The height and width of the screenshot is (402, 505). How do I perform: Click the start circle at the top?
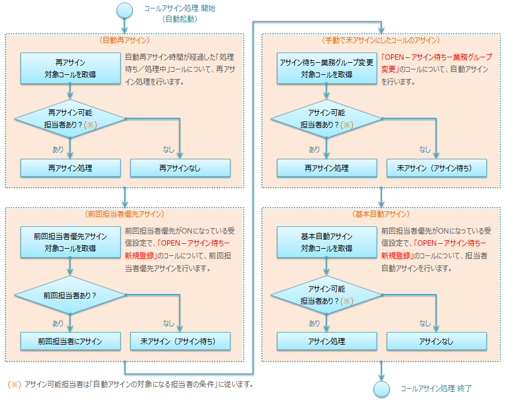pos(124,10)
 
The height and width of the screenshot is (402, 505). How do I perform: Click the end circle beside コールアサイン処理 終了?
pos(381,389)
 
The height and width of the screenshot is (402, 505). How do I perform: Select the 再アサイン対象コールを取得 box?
pos(71,68)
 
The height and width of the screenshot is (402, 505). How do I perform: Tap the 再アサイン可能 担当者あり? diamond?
pos(71,118)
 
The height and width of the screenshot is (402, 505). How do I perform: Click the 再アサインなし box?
pos(180,168)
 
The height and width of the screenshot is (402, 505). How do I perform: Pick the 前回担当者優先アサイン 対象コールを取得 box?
pos(71,241)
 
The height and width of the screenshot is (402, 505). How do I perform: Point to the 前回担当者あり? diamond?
pos(71,296)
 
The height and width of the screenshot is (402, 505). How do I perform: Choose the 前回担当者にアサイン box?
pos(71,341)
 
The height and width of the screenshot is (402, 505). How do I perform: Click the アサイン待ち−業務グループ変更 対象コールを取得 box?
pos(327,68)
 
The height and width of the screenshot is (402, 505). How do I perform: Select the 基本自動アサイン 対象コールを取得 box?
pos(327,241)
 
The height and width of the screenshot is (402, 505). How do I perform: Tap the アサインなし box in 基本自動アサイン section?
pos(436,341)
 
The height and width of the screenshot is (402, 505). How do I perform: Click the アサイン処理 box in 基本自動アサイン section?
pos(327,341)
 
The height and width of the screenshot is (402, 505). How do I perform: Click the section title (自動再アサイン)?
pos(125,40)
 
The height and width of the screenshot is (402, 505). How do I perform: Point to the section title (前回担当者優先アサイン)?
pos(125,214)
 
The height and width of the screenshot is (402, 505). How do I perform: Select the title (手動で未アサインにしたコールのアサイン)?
pos(381,40)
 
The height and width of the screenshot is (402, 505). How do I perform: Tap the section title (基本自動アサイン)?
pos(381,214)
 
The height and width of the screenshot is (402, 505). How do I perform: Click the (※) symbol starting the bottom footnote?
pos(14,384)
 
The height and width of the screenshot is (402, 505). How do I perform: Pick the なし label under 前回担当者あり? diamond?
pos(168,323)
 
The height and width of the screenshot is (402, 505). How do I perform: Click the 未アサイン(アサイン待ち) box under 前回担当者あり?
pos(180,341)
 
